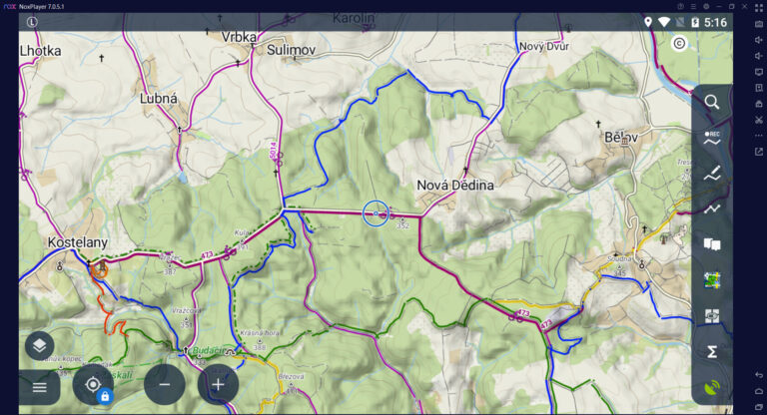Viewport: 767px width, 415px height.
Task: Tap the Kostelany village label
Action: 78,242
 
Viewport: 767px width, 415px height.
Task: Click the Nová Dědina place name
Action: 455,186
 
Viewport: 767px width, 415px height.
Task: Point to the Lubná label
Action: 159,99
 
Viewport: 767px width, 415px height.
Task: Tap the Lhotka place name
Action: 40,51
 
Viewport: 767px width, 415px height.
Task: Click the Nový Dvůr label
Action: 543,47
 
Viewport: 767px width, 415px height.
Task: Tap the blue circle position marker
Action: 376,212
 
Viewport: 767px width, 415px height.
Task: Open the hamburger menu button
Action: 39,386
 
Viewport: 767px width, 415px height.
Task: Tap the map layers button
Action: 39,345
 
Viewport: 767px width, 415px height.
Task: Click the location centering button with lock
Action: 93,385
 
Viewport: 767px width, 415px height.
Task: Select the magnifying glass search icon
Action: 712,102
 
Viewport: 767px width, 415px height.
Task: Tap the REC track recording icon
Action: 712,139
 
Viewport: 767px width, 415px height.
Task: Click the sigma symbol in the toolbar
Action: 712,351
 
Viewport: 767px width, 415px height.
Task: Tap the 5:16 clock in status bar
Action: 715,22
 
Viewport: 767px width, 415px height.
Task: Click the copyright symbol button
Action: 679,43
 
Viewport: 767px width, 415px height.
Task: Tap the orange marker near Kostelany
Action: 99,268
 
